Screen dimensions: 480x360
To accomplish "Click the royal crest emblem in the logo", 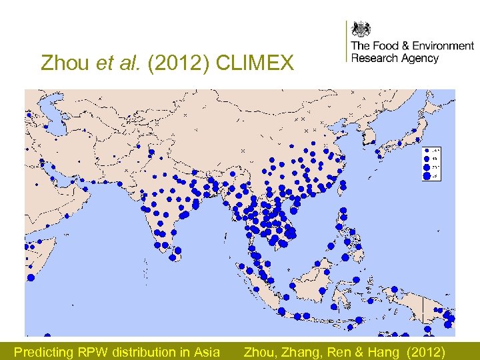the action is click(361, 29).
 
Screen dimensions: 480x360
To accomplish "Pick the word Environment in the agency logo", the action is click(443, 46).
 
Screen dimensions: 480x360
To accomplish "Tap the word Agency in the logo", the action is click(420, 59).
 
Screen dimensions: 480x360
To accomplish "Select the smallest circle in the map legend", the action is click(426, 150).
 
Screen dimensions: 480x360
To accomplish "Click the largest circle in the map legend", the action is click(427, 176).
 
